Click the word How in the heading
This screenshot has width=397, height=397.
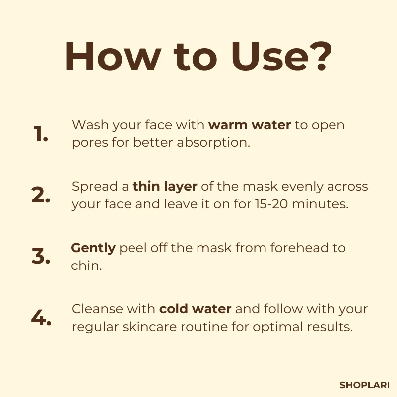coord(113,57)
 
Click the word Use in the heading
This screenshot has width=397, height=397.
coord(270,57)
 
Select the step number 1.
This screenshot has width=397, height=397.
coord(41,133)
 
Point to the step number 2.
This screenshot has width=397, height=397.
coord(41,195)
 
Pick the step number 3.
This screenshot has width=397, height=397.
coord(41,256)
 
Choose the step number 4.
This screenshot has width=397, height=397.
coord(41,317)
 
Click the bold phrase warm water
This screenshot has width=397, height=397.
coord(250,125)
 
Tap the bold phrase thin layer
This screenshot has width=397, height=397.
coord(165,187)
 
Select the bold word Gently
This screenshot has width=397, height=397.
coord(93,248)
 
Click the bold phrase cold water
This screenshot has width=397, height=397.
coord(195,309)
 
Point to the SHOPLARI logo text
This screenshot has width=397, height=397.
coord(364,385)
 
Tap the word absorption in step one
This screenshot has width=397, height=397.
coord(213,143)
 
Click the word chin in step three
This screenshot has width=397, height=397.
coord(86,265)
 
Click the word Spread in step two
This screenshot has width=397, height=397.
coord(95,187)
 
